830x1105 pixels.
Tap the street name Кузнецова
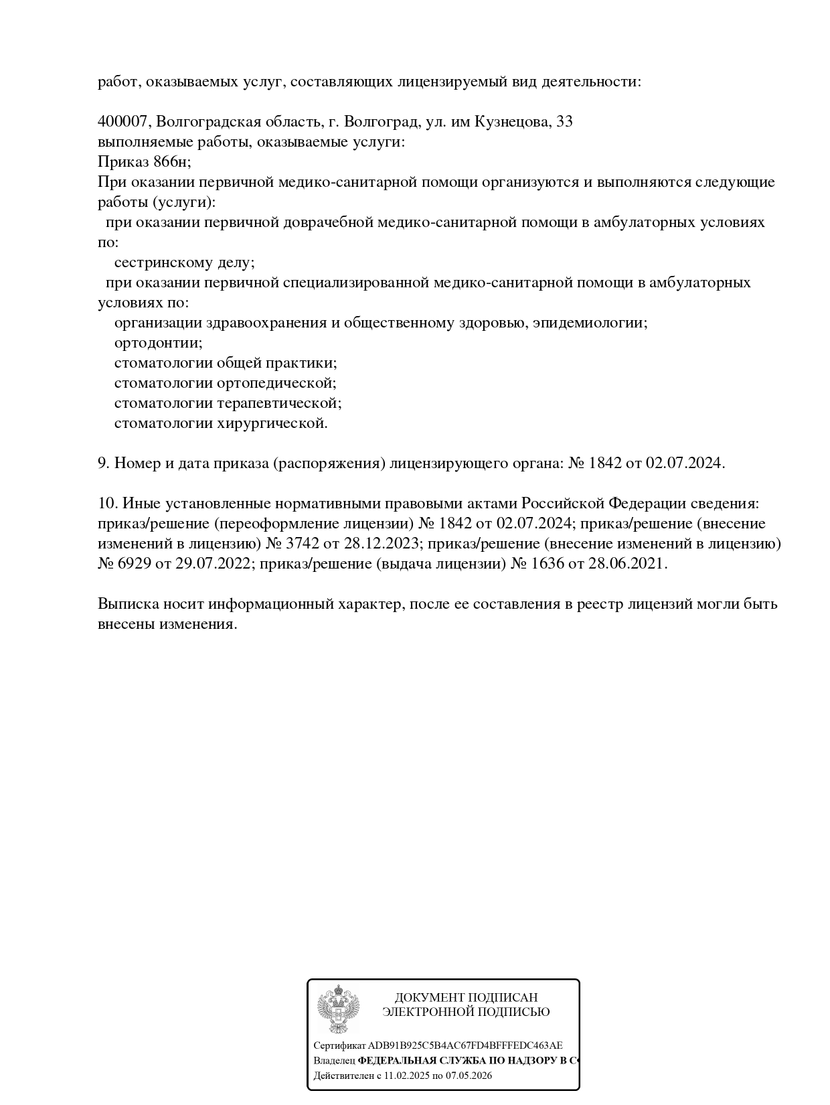pyautogui.click(x=512, y=122)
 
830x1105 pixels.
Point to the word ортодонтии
pyautogui.click(x=158, y=343)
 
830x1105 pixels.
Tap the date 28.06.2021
pyautogui.click(x=627, y=563)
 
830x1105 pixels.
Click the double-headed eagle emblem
pyautogui.click(x=338, y=1009)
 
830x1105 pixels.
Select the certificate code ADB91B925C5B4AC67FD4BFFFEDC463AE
pyautogui.click(x=465, y=1045)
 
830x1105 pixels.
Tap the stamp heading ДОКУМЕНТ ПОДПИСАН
pyautogui.click(x=466, y=998)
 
